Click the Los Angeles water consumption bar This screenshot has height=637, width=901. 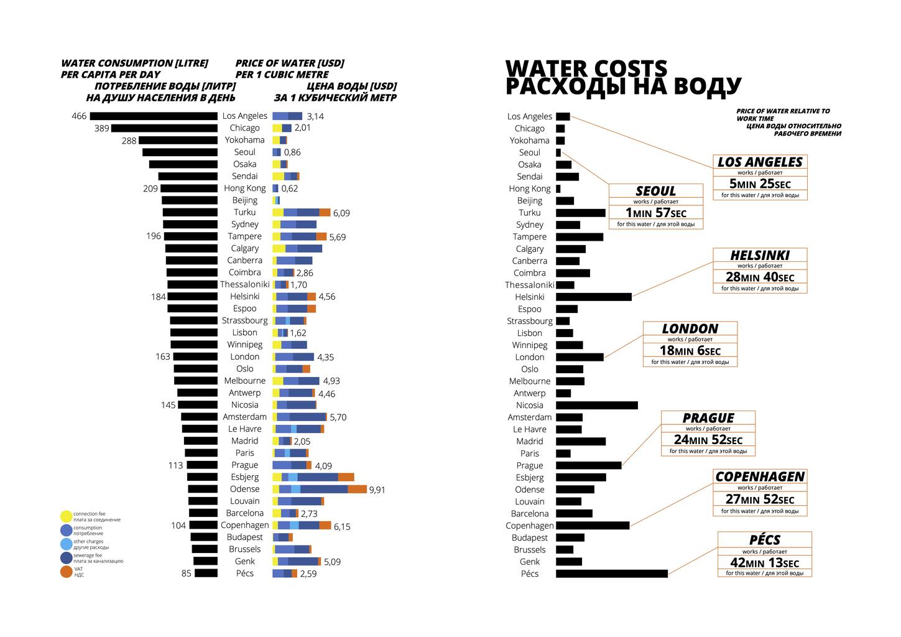(x=154, y=116)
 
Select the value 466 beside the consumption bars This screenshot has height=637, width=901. (x=79, y=116)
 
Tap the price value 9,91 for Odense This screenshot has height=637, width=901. (x=377, y=490)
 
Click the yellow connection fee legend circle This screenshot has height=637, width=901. (x=67, y=516)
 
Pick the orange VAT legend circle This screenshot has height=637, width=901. (x=67, y=572)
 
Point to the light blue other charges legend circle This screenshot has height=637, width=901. (x=67, y=544)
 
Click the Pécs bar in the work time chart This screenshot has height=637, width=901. (x=611, y=574)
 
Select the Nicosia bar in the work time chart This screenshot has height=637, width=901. (x=596, y=406)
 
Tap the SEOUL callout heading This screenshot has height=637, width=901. (x=655, y=191)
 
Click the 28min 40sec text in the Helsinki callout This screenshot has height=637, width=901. (x=760, y=277)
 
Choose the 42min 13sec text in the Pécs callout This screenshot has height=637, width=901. (x=764, y=562)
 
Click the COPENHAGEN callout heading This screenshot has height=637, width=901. (x=760, y=477)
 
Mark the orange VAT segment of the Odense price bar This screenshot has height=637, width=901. (x=357, y=490)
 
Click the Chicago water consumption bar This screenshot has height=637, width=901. (x=164, y=128)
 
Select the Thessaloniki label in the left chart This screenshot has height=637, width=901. (x=244, y=284)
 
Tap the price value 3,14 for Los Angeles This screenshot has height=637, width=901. (x=315, y=116)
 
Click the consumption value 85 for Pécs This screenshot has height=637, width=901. (x=187, y=574)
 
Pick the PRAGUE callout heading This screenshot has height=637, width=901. (x=708, y=418)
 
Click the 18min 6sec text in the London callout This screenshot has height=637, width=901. (x=690, y=351)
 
